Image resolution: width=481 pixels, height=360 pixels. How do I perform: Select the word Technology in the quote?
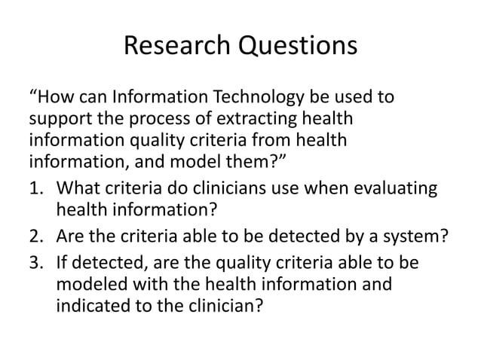pos(254,99)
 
